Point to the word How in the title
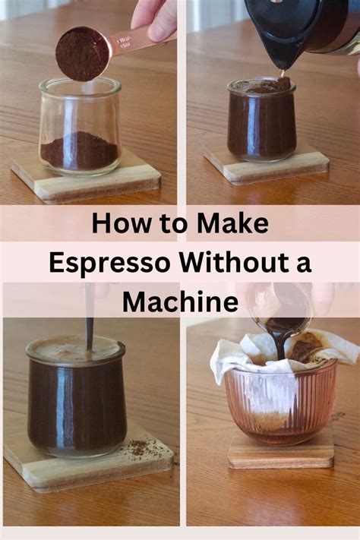click(120, 223)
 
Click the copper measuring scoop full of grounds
click(82, 53)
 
